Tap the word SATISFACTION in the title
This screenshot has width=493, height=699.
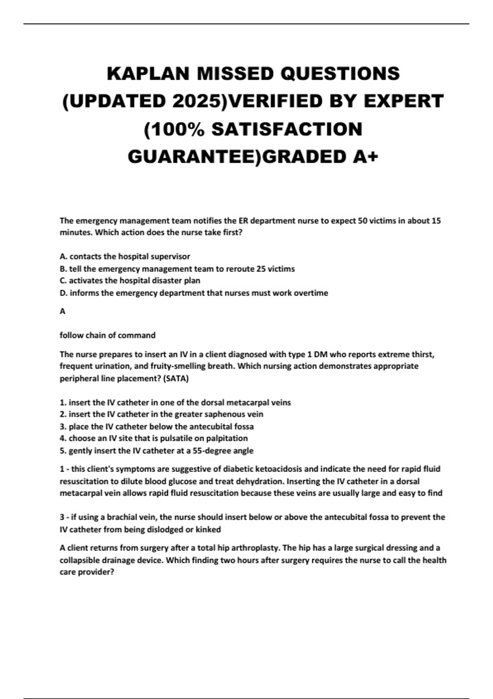[x=287, y=129]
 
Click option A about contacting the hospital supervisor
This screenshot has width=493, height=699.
[x=125, y=257]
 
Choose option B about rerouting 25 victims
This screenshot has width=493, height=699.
[x=177, y=269]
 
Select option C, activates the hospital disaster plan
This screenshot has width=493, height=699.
[x=130, y=281]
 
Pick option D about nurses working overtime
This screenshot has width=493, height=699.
[x=194, y=293]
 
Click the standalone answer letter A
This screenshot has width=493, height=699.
[x=62, y=312]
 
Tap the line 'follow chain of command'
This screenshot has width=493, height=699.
[x=108, y=336]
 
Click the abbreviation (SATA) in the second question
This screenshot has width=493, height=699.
[x=176, y=379]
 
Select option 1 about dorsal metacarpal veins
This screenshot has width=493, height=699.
[x=175, y=403]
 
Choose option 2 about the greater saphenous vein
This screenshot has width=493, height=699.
[x=161, y=414]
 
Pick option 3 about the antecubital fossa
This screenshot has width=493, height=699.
[x=157, y=427]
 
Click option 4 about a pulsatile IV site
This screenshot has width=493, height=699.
[x=154, y=438]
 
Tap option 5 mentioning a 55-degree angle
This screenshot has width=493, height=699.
[x=157, y=451]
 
